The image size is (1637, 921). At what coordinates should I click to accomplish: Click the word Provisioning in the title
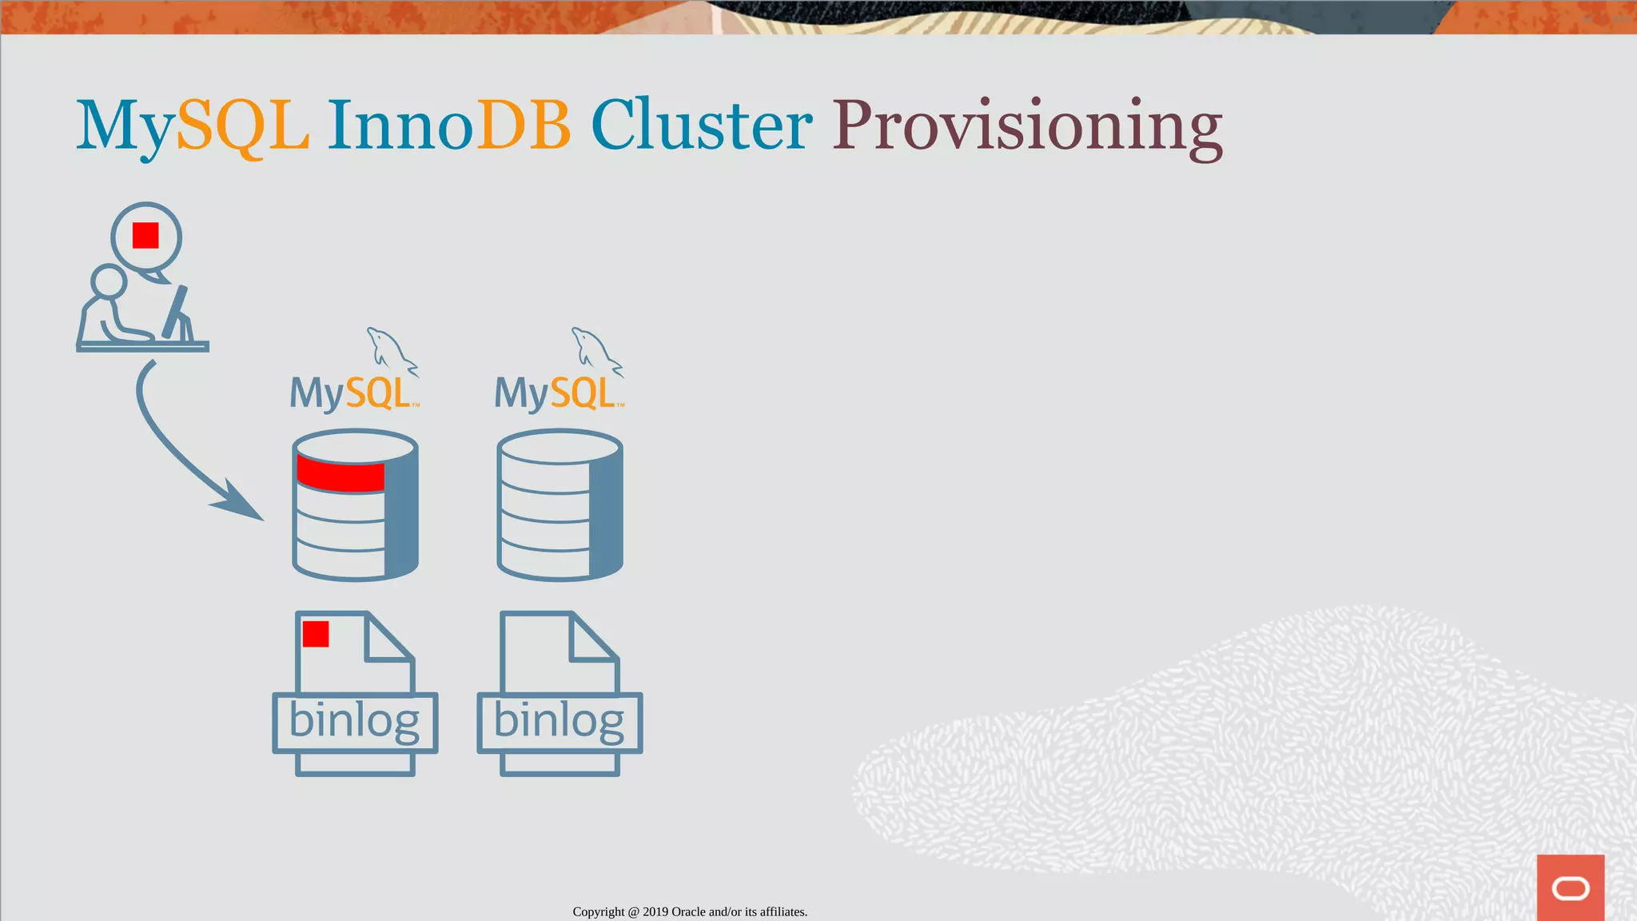(1027, 126)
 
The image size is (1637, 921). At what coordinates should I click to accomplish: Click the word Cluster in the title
(701, 126)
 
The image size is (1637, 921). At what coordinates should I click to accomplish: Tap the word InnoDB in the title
(448, 126)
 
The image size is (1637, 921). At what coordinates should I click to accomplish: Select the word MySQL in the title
(192, 126)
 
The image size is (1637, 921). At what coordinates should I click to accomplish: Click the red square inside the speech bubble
(145, 236)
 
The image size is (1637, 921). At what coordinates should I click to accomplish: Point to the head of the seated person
(109, 281)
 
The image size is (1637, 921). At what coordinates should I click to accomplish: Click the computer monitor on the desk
(177, 313)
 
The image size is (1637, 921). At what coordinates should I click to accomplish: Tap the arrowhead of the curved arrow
(239, 502)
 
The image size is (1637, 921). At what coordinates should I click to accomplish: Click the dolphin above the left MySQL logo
(390, 350)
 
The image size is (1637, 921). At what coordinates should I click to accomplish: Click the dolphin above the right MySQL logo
(595, 350)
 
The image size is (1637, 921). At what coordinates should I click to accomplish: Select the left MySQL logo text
(352, 393)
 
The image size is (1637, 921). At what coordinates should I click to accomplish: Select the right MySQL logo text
(557, 393)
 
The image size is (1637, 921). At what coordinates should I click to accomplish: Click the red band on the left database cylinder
(341, 474)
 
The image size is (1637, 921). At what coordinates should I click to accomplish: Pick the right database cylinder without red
(560, 505)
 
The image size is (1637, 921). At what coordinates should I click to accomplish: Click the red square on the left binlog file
(316, 634)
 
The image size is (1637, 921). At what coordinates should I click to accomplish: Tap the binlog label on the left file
(354, 721)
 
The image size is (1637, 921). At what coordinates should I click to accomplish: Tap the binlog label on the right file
(560, 721)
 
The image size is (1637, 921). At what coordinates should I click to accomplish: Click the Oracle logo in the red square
(1570, 888)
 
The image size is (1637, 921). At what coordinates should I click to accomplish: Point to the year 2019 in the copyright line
(655, 911)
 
